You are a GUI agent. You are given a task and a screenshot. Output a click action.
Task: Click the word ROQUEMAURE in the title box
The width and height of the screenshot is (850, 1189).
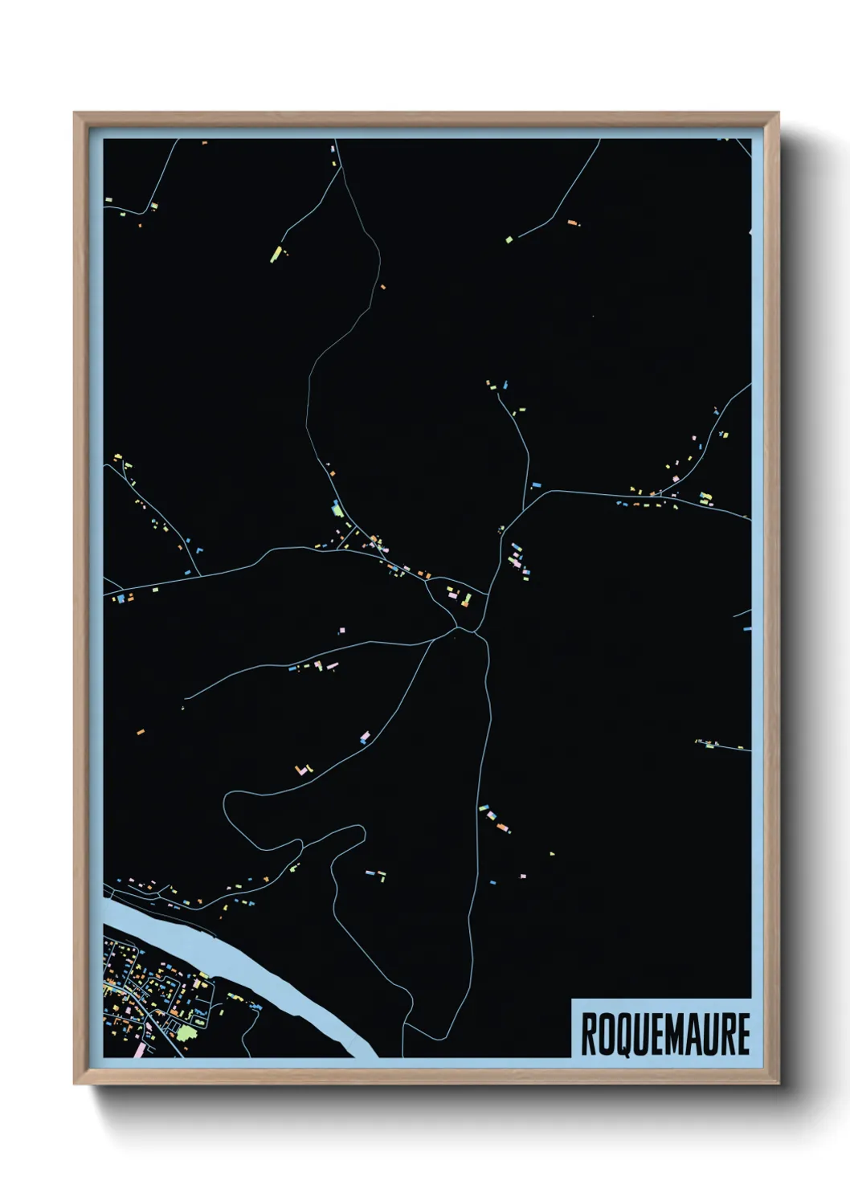pyautogui.click(x=664, y=1034)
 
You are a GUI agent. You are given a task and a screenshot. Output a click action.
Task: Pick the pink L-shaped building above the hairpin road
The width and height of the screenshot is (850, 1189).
pyautogui.click(x=303, y=770)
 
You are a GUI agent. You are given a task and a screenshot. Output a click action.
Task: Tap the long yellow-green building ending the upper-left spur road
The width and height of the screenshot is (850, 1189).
pyautogui.click(x=276, y=254)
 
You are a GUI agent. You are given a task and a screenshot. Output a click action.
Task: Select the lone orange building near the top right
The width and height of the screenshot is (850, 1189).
pyautogui.click(x=572, y=222)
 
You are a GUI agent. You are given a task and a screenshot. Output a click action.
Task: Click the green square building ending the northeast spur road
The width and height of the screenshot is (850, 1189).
pyautogui.click(x=509, y=239)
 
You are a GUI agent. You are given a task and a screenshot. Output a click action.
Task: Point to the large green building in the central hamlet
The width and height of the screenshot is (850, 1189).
pyautogui.click(x=337, y=509)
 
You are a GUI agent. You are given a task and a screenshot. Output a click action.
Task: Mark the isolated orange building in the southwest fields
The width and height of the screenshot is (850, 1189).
pyautogui.click(x=140, y=732)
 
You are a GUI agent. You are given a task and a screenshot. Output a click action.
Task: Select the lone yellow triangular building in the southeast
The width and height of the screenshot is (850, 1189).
pyautogui.click(x=552, y=852)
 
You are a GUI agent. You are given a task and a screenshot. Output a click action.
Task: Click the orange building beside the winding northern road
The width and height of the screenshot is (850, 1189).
pyautogui.click(x=382, y=287)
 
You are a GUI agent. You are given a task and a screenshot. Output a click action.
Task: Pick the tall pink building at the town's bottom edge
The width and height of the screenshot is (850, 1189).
pyautogui.click(x=138, y=1049)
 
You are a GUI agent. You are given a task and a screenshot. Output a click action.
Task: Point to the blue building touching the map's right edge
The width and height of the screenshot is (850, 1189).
pyautogui.click(x=747, y=627)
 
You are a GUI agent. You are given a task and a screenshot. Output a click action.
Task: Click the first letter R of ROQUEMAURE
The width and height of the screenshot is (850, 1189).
pyautogui.click(x=587, y=1035)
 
